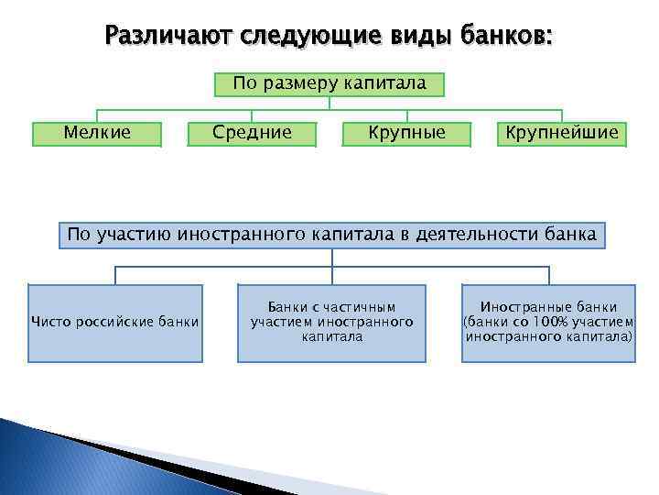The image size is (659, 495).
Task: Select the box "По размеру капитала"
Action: [x=329, y=84]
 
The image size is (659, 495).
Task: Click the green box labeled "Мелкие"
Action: [x=97, y=133]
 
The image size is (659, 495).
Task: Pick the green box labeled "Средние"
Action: [x=252, y=133]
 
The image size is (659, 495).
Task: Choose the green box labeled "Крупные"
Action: [x=406, y=133]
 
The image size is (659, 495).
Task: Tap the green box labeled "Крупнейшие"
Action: [x=562, y=133]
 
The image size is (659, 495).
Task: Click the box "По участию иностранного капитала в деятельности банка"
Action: [x=331, y=235]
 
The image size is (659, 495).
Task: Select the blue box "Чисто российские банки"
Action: [x=115, y=322]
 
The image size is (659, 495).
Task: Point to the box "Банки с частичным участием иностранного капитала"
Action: [x=331, y=322]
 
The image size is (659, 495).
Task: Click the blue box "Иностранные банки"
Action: [x=548, y=322]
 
